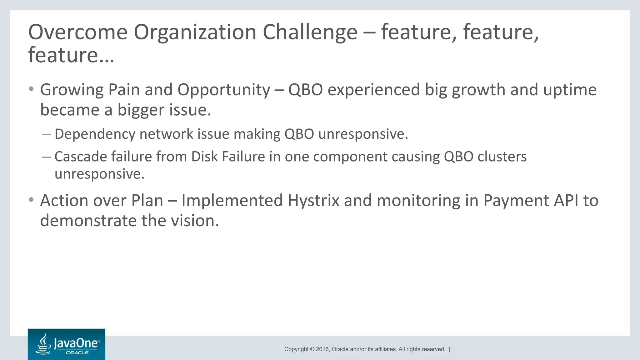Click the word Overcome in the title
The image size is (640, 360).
coord(78,32)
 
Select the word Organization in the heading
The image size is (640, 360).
coord(195,32)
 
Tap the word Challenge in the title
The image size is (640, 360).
coord(310,32)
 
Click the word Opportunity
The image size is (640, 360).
coord(224,90)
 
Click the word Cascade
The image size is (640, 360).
coord(80,157)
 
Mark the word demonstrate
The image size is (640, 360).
coord(88,221)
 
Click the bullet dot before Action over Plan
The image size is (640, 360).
coord(31,199)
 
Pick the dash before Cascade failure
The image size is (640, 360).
coord(47,157)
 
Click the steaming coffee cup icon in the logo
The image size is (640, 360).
coord(44,344)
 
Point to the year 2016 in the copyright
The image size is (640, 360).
coord(322,349)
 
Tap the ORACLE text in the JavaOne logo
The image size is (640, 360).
coord(77,353)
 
